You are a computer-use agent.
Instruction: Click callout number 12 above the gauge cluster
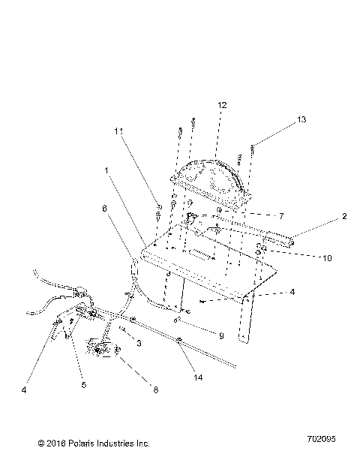click(x=222, y=106)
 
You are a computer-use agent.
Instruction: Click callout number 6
click(x=104, y=209)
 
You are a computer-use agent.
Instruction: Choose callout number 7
click(x=281, y=216)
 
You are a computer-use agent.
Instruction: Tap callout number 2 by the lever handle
click(x=344, y=217)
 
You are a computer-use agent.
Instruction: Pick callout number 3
click(x=138, y=343)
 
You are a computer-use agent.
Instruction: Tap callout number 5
click(x=84, y=385)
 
